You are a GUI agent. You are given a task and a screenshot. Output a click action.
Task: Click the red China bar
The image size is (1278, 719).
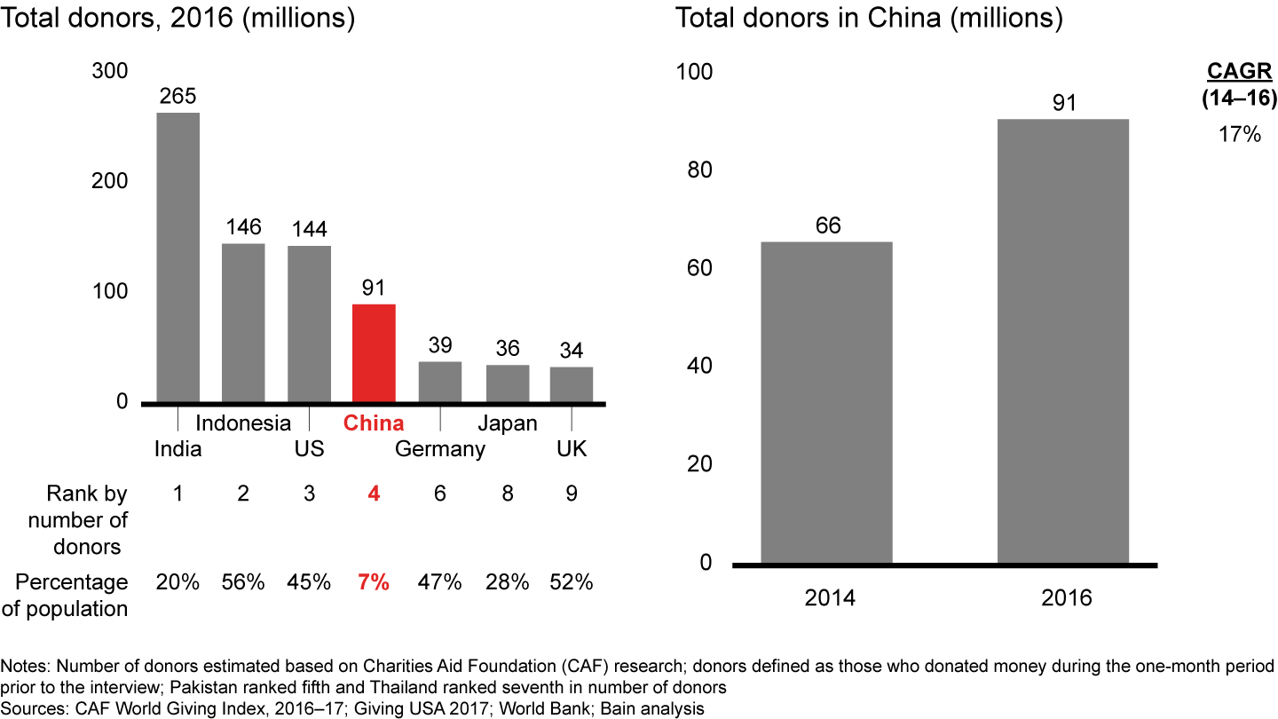374,352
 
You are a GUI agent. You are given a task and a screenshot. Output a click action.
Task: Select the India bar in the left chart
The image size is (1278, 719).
178,257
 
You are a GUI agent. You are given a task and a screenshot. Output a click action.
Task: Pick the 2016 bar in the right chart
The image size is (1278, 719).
1064,341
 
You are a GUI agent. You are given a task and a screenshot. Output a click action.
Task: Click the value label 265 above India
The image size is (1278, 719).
177,97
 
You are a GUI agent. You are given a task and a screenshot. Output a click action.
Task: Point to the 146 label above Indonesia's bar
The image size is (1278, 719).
243,228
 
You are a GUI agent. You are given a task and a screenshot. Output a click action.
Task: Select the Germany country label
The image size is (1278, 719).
440,449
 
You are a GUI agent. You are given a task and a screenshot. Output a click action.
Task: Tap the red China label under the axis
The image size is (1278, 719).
374,423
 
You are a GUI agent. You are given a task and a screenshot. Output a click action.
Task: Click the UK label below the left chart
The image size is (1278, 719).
572,449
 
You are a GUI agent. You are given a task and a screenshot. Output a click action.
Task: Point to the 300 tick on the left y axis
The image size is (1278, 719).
110,72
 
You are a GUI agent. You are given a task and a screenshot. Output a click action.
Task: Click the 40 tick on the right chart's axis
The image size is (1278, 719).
700,367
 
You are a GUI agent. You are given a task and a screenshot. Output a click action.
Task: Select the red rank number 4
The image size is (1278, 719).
374,494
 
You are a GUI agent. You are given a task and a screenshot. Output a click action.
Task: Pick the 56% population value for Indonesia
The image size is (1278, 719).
243,582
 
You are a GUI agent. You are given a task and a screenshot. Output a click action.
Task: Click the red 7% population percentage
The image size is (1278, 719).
374,582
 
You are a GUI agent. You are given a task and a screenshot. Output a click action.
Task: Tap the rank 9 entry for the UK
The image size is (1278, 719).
572,494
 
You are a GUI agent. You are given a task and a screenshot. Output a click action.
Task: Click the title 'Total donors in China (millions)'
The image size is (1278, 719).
869,19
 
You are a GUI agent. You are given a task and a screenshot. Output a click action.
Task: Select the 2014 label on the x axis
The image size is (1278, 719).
830,597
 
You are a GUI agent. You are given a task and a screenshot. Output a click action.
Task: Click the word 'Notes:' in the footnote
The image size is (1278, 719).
25,666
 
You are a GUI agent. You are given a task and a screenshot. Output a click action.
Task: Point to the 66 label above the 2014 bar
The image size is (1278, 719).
826,226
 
